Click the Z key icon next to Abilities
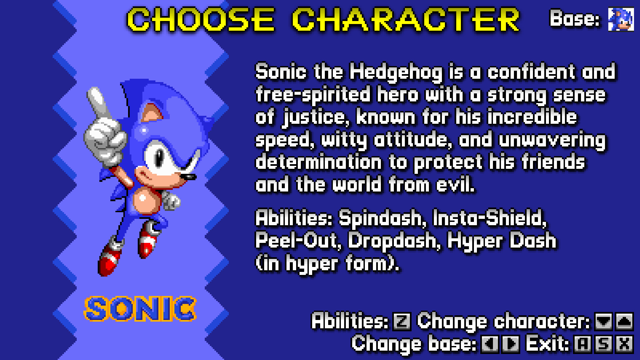pos(402,322)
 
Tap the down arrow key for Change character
pos(603,322)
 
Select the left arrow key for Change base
pos(489,344)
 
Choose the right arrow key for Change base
pos(511,344)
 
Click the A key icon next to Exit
pos(582,344)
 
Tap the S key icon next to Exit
pos(603,344)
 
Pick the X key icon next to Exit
pos(624,344)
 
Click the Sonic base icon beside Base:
pos(621,19)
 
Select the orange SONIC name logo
pos(140,309)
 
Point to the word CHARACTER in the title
pos(406,20)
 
